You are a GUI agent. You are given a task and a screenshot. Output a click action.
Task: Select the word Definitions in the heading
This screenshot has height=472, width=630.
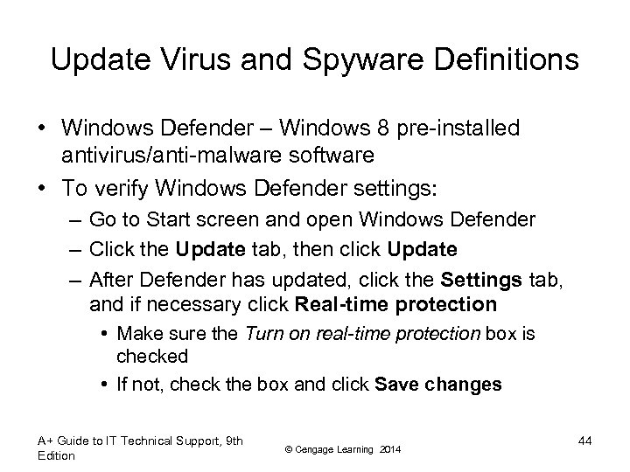[x=497, y=60]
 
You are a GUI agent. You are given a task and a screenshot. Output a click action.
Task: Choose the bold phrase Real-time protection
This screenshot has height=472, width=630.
[x=396, y=304]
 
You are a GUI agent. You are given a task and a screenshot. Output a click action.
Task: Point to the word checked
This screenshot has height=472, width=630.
[x=153, y=356]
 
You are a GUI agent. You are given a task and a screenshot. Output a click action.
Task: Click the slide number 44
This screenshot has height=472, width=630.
[x=584, y=441]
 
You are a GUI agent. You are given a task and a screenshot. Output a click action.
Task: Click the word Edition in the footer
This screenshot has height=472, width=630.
[x=57, y=455]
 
